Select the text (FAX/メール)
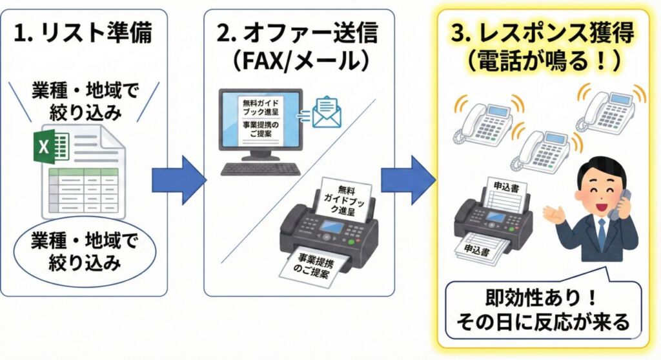point(298,61)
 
